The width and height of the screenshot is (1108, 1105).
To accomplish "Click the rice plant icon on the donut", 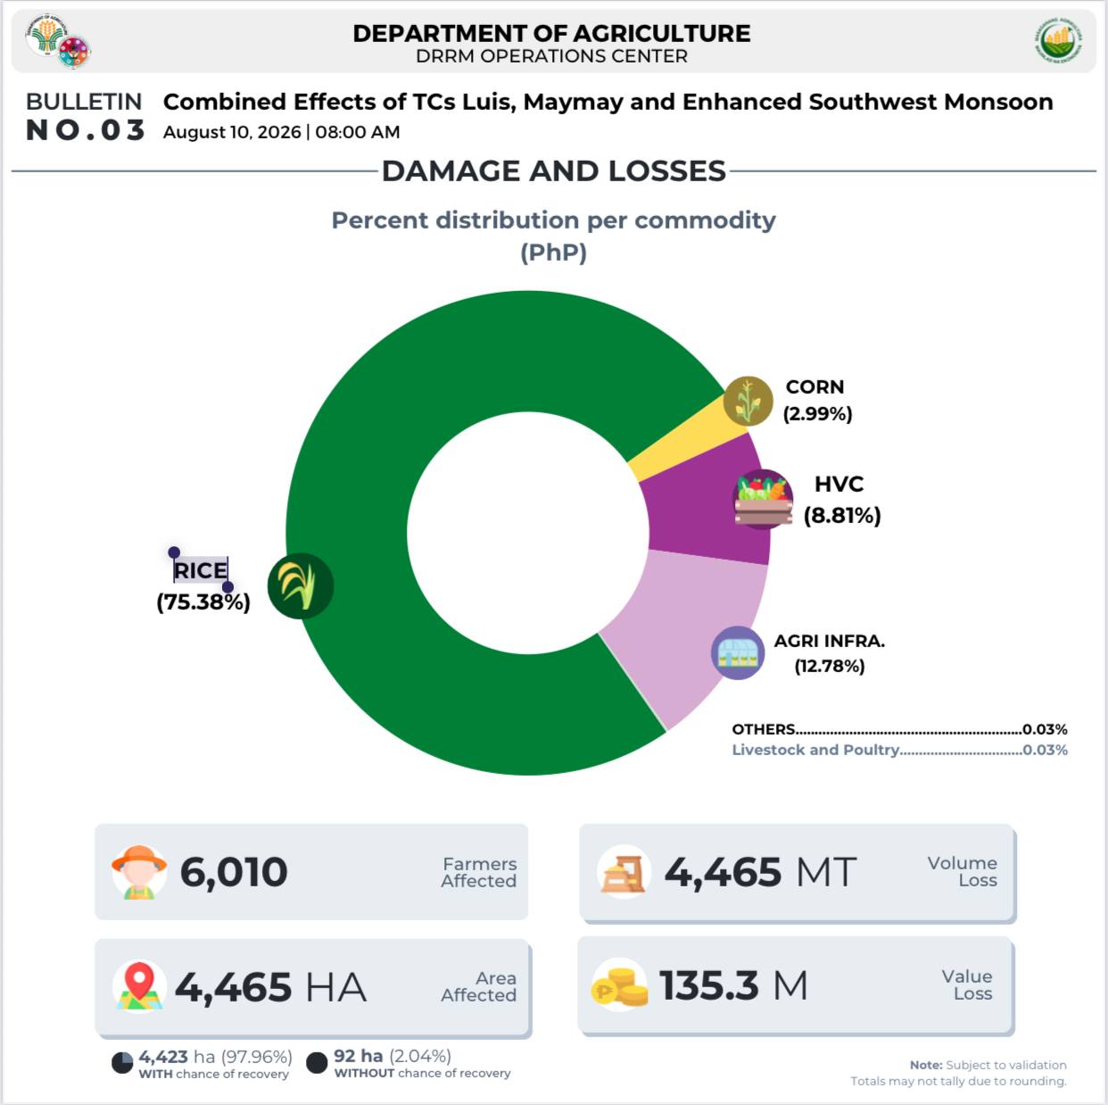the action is (x=300, y=586).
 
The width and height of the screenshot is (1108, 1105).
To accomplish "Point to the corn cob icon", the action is (x=748, y=401).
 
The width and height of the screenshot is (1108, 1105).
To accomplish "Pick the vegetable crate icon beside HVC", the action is (x=763, y=499).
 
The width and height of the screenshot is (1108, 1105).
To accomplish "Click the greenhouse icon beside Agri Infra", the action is (x=738, y=652).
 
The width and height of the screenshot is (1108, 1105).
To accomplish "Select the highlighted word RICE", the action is (x=201, y=570).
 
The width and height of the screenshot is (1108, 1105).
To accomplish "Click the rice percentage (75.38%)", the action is (x=203, y=602).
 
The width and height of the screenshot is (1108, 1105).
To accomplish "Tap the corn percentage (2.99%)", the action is (x=817, y=414).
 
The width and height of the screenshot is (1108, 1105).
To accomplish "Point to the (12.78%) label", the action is (x=829, y=666).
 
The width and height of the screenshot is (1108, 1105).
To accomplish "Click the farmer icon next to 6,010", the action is (x=139, y=872).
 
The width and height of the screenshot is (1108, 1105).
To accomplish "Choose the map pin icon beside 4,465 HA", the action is (x=139, y=986).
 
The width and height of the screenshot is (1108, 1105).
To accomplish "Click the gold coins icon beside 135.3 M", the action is (x=619, y=985).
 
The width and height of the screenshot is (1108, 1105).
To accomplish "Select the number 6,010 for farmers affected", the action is (x=234, y=873).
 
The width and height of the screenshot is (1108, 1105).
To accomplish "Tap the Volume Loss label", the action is (x=962, y=871).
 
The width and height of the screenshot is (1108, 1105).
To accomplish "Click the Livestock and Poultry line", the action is (x=899, y=750).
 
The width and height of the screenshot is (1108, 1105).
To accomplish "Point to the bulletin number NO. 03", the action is (x=85, y=130).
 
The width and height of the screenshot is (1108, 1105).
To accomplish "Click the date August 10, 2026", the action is (x=232, y=132).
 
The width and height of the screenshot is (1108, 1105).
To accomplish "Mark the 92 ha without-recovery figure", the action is (x=359, y=1056).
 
